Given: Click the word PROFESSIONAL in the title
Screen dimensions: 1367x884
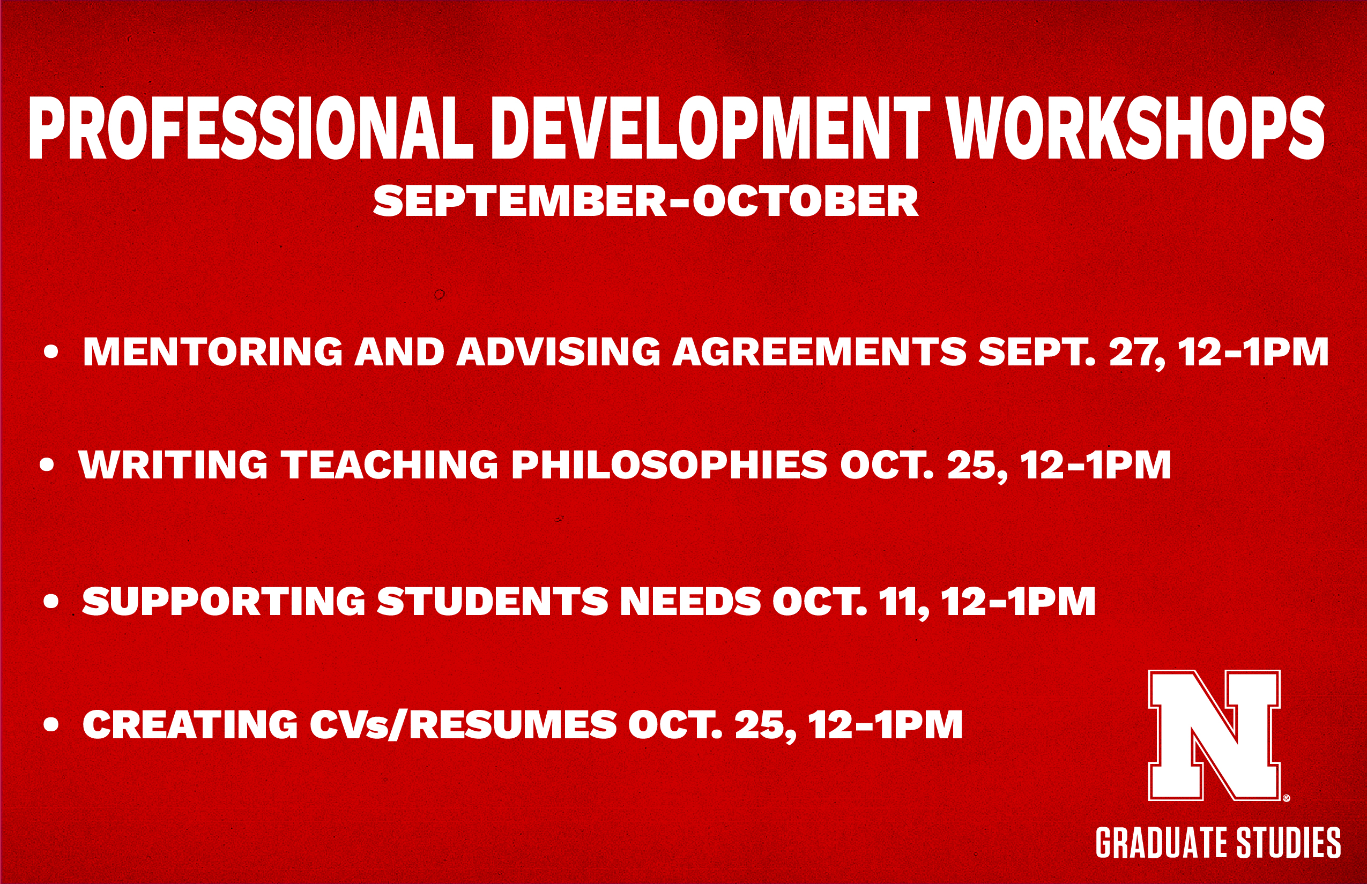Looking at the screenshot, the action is [x=251, y=128].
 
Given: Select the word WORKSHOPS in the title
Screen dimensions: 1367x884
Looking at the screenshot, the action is [x=1135, y=128].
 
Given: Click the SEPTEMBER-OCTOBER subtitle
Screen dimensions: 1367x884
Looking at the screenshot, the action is [x=645, y=201].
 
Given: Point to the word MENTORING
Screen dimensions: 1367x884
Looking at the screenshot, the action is [x=212, y=351].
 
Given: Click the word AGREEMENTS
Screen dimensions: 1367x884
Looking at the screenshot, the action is [x=820, y=351].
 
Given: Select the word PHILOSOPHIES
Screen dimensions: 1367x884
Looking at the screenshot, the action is [x=669, y=465].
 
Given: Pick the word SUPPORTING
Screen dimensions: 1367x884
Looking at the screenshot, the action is [x=224, y=601].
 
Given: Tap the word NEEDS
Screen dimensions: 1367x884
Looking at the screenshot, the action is [x=691, y=601].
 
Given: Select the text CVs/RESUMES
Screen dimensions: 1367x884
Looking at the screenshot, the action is [x=464, y=724].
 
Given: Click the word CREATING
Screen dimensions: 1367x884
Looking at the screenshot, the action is [x=190, y=724].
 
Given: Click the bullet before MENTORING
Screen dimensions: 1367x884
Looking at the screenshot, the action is [x=51, y=352].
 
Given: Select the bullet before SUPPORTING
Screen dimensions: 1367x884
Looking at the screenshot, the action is [x=51, y=602].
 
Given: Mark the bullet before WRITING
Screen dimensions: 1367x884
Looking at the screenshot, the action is [x=47, y=465].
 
